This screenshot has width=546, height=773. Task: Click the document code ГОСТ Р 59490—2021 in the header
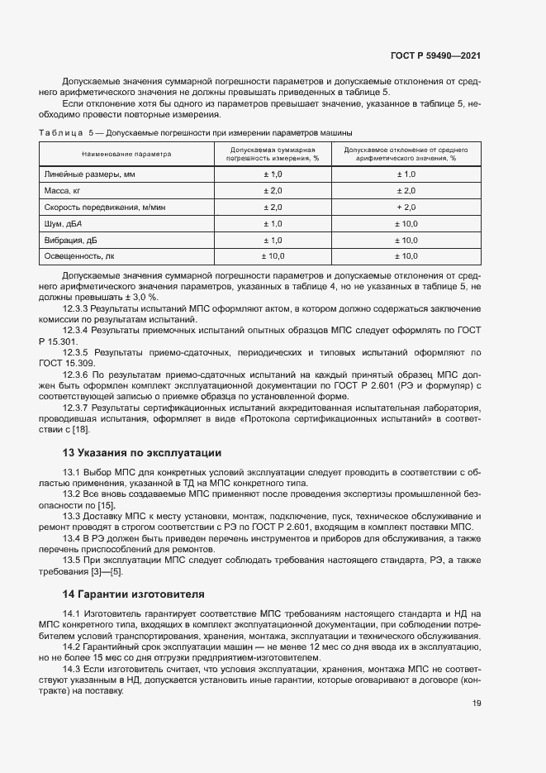(434, 56)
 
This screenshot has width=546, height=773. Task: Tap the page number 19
(477, 704)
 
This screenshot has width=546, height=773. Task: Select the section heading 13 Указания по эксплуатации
(142, 453)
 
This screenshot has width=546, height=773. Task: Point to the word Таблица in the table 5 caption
(60, 132)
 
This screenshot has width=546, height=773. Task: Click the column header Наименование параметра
(126, 154)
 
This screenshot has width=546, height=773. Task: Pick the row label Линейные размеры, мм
(89, 174)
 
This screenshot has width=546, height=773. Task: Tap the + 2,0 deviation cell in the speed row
(406, 207)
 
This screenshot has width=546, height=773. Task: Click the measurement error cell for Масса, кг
(273, 191)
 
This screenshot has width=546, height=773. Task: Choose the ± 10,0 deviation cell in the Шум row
(406, 223)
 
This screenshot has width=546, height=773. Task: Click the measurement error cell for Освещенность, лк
(273, 256)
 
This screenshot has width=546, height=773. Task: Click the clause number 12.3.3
(76, 308)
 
